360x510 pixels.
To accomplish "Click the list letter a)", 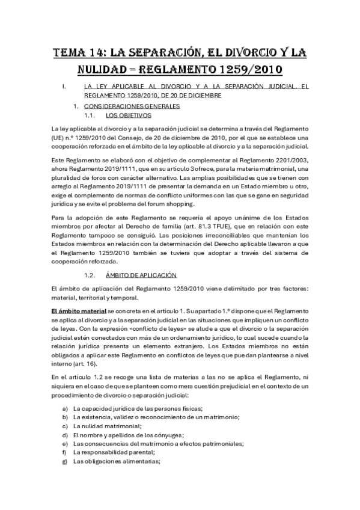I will click(64, 408).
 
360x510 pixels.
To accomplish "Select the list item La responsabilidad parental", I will click(114, 452).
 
